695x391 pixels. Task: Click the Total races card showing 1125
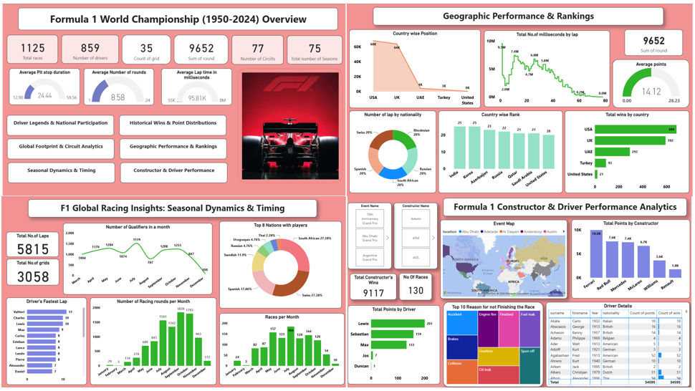32,50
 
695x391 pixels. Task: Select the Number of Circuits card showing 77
257,50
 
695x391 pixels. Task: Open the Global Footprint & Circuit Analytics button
61,147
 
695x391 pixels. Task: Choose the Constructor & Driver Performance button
172,171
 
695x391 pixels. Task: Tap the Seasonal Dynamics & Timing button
61,171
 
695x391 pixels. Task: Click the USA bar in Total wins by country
636,130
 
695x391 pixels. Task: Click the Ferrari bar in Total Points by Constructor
596,254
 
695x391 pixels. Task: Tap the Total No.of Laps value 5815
32,248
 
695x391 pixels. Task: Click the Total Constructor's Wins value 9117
373,292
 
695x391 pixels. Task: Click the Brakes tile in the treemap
461,347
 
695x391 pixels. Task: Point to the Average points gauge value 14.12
651,92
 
